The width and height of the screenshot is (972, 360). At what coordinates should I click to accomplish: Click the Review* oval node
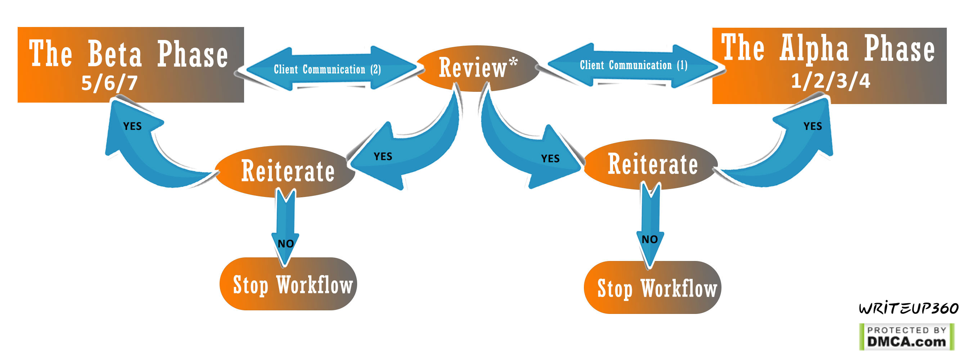click(x=477, y=68)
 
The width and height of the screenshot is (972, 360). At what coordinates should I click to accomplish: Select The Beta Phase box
click(x=131, y=64)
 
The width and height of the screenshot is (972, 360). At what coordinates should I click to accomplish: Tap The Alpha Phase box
click(x=829, y=65)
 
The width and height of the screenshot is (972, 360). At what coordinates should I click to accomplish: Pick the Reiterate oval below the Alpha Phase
click(x=652, y=165)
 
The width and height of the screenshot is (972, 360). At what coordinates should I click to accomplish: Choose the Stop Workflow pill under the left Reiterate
click(x=288, y=284)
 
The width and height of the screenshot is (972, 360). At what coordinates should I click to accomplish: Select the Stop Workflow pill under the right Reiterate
click(x=652, y=288)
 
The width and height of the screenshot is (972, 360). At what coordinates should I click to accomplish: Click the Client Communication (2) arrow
click(x=327, y=69)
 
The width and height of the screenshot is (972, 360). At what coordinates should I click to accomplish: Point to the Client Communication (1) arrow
click(x=633, y=65)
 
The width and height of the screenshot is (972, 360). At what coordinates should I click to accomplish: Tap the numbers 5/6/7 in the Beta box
click(x=109, y=83)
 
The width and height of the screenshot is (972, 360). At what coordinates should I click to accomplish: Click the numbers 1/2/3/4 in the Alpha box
click(x=830, y=81)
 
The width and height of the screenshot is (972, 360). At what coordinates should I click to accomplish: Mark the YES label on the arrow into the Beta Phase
click(x=132, y=126)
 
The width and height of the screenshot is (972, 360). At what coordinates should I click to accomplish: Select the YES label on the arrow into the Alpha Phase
click(x=813, y=126)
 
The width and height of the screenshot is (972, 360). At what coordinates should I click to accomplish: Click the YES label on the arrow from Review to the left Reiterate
click(x=383, y=157)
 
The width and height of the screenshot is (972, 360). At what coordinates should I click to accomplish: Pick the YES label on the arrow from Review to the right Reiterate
click(x=550, y=158)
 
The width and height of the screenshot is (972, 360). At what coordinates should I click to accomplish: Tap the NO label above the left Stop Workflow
click(x=285, y=244)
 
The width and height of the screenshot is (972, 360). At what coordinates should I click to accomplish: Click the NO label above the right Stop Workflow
click(x=649, y=239)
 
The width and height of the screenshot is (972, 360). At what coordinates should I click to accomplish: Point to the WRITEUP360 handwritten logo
click(x=908, y=308)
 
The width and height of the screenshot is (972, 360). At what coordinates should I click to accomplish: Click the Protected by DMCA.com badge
click(x=906, y=337)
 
